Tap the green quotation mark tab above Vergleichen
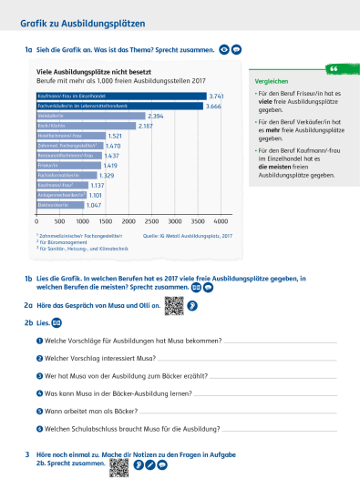334,69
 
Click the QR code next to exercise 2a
173,307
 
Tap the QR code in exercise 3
118,466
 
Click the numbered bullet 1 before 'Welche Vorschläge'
39,341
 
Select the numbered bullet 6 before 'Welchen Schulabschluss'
39,428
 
